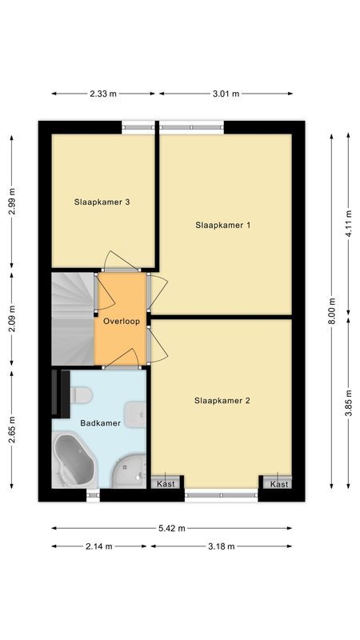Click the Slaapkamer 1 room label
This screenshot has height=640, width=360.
click(222, 225)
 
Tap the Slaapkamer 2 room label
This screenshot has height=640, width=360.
click(222, 401)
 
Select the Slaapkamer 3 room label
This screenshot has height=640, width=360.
click(102, 202)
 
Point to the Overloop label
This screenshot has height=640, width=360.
click(122, 322)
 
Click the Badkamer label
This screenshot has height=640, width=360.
click(101, 423)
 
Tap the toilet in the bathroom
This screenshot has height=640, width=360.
click(82, 394)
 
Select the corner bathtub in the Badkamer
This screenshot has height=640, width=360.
click(74, 461)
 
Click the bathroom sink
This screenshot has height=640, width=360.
click(135, 414)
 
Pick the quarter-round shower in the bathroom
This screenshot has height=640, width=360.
click(129, 472)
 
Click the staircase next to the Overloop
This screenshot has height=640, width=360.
click(73, 318)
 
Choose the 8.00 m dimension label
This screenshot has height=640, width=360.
click(332, 311)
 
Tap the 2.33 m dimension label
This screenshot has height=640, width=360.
click(103, 94)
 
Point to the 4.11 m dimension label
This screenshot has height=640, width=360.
click(348, 223)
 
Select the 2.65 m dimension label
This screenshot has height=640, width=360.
click(12, 430)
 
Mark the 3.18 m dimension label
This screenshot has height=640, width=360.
click(222, 546)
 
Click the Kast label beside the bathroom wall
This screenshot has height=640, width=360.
click(166, 484)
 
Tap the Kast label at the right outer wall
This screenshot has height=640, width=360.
click(279, 485)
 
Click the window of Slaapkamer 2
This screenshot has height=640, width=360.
click(222, 494)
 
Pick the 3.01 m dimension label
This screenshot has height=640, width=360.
click(226, 94)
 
